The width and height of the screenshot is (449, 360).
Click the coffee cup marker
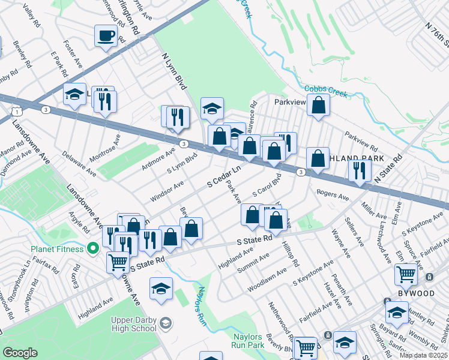click(106, 35)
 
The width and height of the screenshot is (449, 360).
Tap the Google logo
click(20, 353)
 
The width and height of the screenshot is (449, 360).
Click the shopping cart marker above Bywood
click(406, 274)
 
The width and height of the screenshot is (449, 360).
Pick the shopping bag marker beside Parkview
click(319, 104)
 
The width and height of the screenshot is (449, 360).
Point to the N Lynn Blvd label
click(170, 73)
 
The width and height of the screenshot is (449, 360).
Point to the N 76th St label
click(437, 34)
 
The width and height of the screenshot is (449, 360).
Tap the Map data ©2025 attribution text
click(423, 355)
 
